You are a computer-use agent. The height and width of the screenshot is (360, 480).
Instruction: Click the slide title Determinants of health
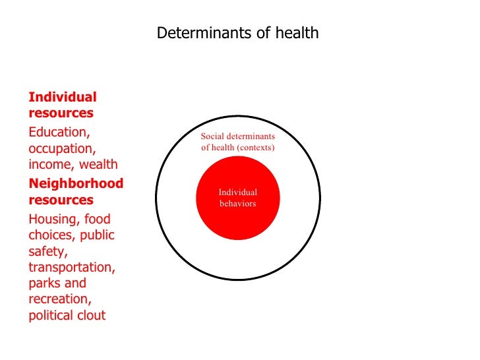(237, 32)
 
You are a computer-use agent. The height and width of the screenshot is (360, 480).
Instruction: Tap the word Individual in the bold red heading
(63, 97)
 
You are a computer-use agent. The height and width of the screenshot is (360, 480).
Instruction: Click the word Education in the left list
(59, 132)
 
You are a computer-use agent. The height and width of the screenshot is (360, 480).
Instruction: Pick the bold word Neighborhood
(76, 183)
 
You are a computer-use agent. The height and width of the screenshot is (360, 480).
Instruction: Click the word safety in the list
(46, 251)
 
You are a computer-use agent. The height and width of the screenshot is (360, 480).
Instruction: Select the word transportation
(71, 267)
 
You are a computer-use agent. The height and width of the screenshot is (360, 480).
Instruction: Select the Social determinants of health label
(237, 142)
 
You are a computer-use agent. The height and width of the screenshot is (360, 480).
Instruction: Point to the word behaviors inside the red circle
(237, 204)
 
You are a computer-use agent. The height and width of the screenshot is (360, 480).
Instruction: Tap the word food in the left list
(97, 219)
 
